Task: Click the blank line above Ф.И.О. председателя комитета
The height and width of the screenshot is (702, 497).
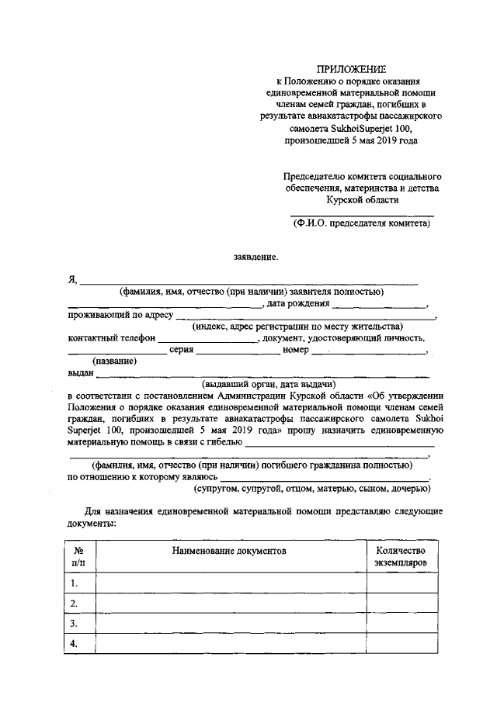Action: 361,214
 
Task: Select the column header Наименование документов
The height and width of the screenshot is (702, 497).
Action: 229,549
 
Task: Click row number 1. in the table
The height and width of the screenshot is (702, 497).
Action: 75,583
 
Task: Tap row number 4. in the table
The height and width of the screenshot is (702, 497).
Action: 75,644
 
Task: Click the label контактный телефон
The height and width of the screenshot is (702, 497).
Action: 111,338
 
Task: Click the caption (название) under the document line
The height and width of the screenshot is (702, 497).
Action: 114,361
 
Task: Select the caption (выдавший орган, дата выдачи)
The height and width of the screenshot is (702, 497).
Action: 268,384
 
